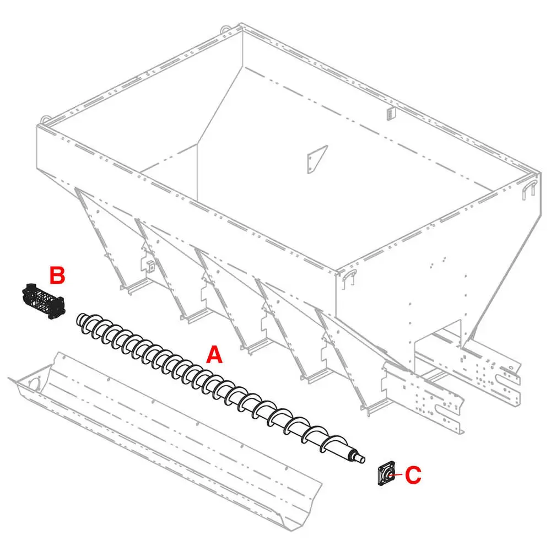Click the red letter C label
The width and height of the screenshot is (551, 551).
[x=413, y=475]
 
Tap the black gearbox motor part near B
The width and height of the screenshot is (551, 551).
[x=43, y=301]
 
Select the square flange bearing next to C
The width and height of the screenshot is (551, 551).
[x=387, y=474]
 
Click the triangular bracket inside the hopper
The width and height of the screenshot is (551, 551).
[x=317, y=159]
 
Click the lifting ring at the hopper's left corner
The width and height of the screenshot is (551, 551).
[x=45, y=120]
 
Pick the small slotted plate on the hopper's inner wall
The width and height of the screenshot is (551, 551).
[x=391, y=114]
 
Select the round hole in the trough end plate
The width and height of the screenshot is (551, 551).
[x=34, y=384]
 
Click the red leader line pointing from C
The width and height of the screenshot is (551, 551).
[x=397, y=475]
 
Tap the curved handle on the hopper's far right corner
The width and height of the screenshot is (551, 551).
[x=529, y=190]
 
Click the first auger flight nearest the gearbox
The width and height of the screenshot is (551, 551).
[x=84, y=322]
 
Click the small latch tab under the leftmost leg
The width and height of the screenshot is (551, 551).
[x=151, y=266]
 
